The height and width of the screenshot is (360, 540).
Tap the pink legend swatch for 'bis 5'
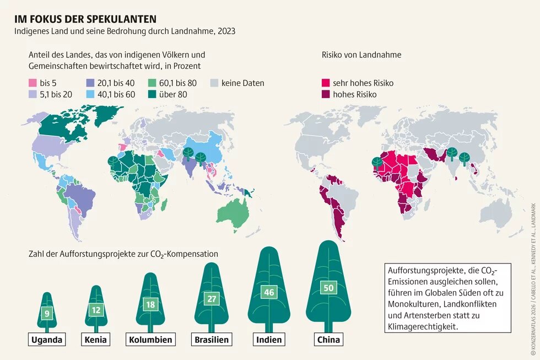point(33,83)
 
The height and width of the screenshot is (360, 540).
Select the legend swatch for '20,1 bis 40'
point(90,83)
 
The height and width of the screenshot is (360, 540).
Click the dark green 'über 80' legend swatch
point(153,94)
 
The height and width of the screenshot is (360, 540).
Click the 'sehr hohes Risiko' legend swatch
point(326,83)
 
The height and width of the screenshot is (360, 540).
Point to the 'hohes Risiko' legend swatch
point(326,94)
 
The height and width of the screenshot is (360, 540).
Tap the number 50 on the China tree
point(328,288)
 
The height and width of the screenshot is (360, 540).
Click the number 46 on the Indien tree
point(269,293)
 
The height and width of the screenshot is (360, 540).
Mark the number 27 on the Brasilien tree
point(212,298)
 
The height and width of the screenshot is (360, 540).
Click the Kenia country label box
point(96,339)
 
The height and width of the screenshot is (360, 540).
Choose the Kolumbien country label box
point(151,339)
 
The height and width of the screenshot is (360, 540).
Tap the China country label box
point(328,339)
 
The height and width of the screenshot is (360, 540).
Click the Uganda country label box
point(47,339)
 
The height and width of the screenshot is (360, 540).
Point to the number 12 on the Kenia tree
point(96,310)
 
